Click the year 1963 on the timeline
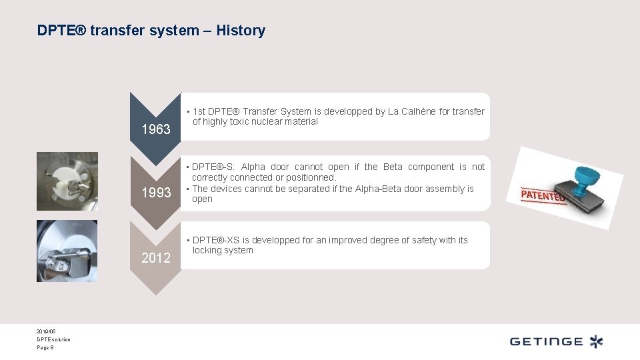[x=156, y=129]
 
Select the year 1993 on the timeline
[x=156, y=193]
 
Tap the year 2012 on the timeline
[x=156, y=258]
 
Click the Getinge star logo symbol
[x=595, y=341]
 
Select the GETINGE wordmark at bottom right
[x=546, y=342]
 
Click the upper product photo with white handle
[x=67, y=181]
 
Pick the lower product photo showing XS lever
[x=67, y=251]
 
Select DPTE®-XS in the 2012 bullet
[x=213, y=240]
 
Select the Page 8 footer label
[x=45, y=348]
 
